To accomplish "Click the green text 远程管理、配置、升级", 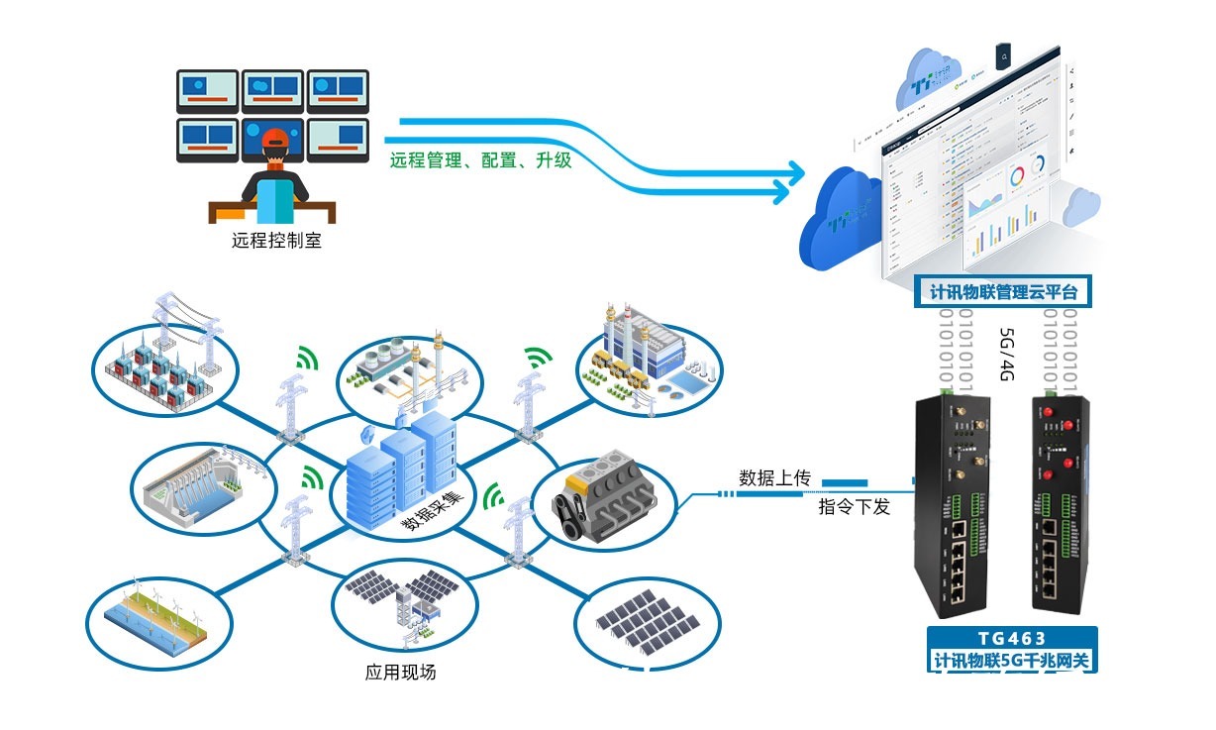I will [x=480, y=159].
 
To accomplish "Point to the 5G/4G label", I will [x=1006, y=355].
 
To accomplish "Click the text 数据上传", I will [x=774, y=478].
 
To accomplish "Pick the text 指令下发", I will [x=854, y=507].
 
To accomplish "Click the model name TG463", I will [x=1013, y=639].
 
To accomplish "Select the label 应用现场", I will [x=400, y=673].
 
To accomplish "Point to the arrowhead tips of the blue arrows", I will [x=798, y=177].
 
